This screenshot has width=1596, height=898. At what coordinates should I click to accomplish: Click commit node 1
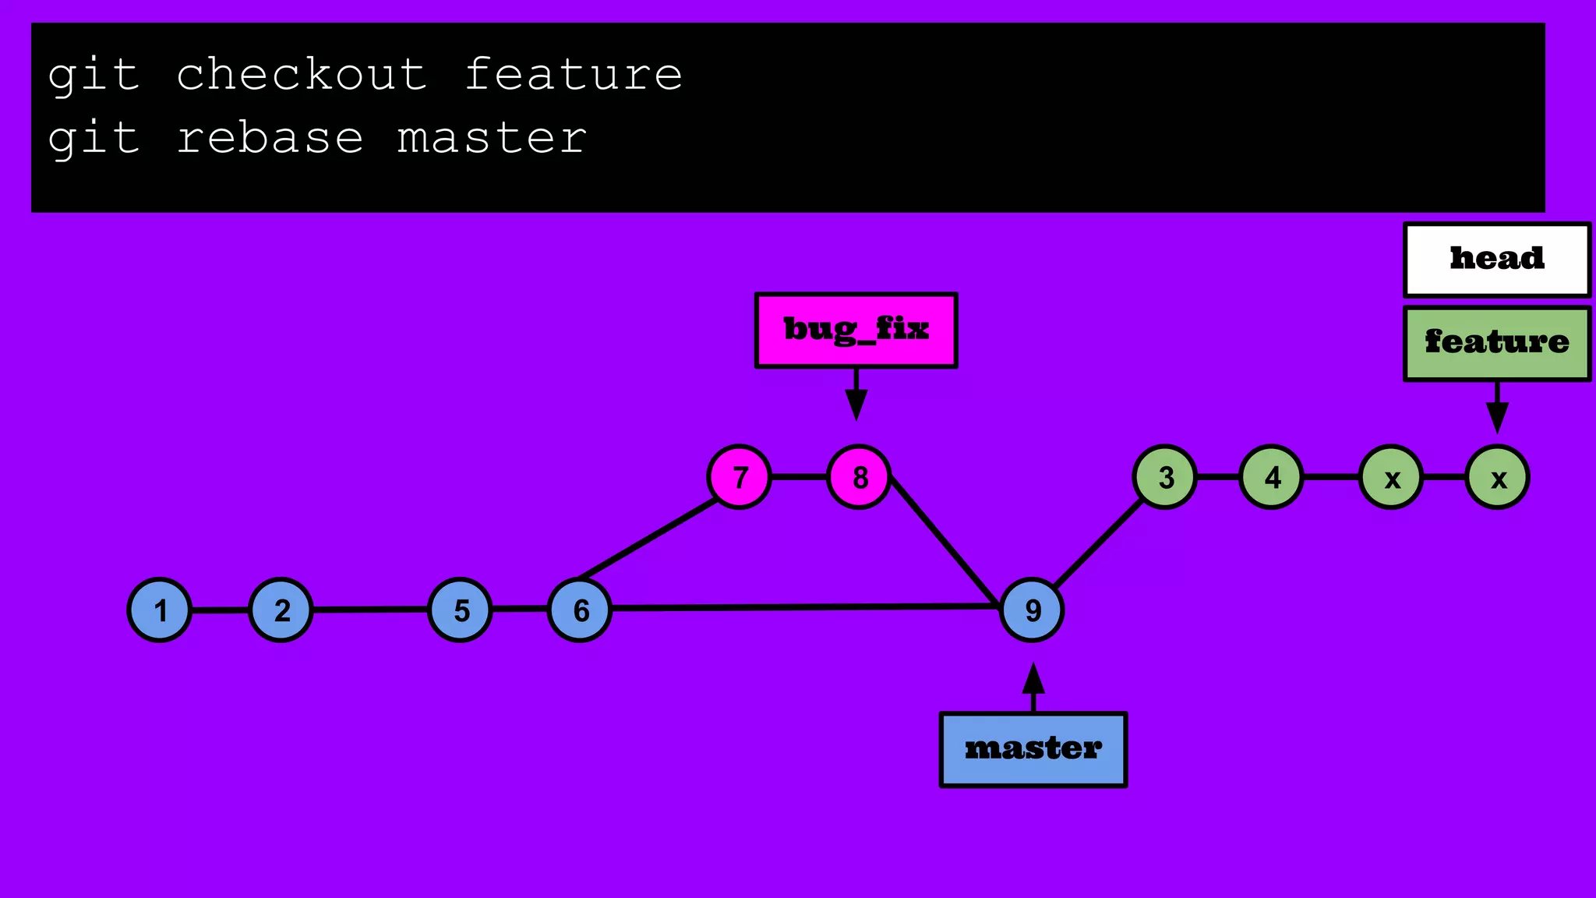tap(160, 610)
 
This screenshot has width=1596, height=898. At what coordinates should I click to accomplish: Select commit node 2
tap(281, 610)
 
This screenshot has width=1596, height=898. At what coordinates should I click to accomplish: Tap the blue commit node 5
tap(461, 610)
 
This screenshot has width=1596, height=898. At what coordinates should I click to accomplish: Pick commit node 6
tap(580, 610)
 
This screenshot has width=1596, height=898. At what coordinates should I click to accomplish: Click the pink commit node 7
tap(740, 477)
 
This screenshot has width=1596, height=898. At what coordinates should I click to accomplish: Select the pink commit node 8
tap(859, 477)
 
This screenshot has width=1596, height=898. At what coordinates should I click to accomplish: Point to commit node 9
tap(1032, 610)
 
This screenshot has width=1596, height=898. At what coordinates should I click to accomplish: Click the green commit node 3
tap(1165, 477)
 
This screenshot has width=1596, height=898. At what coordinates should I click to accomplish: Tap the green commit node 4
tap(1272, 477)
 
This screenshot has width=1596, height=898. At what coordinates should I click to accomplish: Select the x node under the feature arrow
tap(1498, 477)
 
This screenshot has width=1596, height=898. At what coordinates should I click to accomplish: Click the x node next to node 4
tap(1392, 477)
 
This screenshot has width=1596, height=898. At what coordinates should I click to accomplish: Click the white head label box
tap(1497, 260)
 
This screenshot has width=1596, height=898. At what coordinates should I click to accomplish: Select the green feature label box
tap(1497, 343)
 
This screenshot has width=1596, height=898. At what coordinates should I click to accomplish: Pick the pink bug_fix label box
tap(856, 330)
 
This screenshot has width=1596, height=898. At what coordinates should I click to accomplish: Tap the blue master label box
tap(1033, 749)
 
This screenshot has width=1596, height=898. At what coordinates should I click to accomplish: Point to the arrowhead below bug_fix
tap(856, 405)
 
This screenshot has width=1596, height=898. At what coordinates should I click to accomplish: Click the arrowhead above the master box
tap(1033, 680)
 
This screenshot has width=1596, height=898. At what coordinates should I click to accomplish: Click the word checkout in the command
tap(301, 75)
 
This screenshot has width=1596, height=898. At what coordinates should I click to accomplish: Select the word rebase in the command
tap(270, 139)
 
